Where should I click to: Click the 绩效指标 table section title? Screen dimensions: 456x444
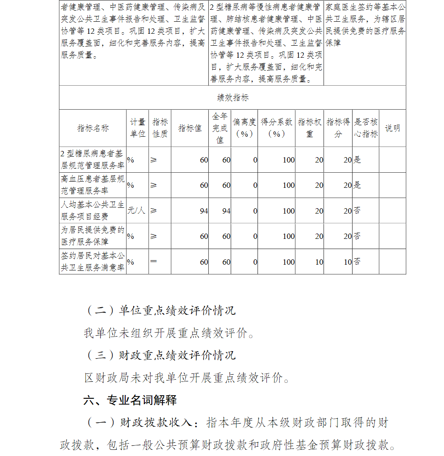tap(233, 98)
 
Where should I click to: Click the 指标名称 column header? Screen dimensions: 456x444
tap(93, 128)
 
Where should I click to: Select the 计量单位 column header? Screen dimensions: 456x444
tap(137, 128)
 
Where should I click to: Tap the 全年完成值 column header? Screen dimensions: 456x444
tap(220, 128)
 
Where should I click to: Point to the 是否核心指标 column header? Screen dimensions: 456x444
tap(366, 128)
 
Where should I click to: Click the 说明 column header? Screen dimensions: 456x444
tap(392, 128)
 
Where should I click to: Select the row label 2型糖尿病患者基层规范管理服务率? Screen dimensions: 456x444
tap(93, 160)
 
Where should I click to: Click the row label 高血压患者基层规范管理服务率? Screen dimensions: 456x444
tap(93, 185)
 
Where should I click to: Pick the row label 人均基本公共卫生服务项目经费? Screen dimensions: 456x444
tap(93, 211)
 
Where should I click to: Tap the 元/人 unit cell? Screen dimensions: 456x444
tap(136, 210)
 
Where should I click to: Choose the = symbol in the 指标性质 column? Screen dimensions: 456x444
tap(154, 262)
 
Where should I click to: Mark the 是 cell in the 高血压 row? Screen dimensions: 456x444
tap(357, 185)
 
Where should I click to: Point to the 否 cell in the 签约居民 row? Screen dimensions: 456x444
tap(357, 262)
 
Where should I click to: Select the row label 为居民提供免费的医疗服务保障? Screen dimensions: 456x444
tap(93, 236)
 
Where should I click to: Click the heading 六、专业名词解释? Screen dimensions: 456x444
tap(130, 400)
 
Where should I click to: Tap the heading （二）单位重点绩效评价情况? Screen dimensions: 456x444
tap(160, 310)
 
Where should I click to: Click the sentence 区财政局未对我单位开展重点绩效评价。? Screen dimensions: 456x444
tap(188, 378)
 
